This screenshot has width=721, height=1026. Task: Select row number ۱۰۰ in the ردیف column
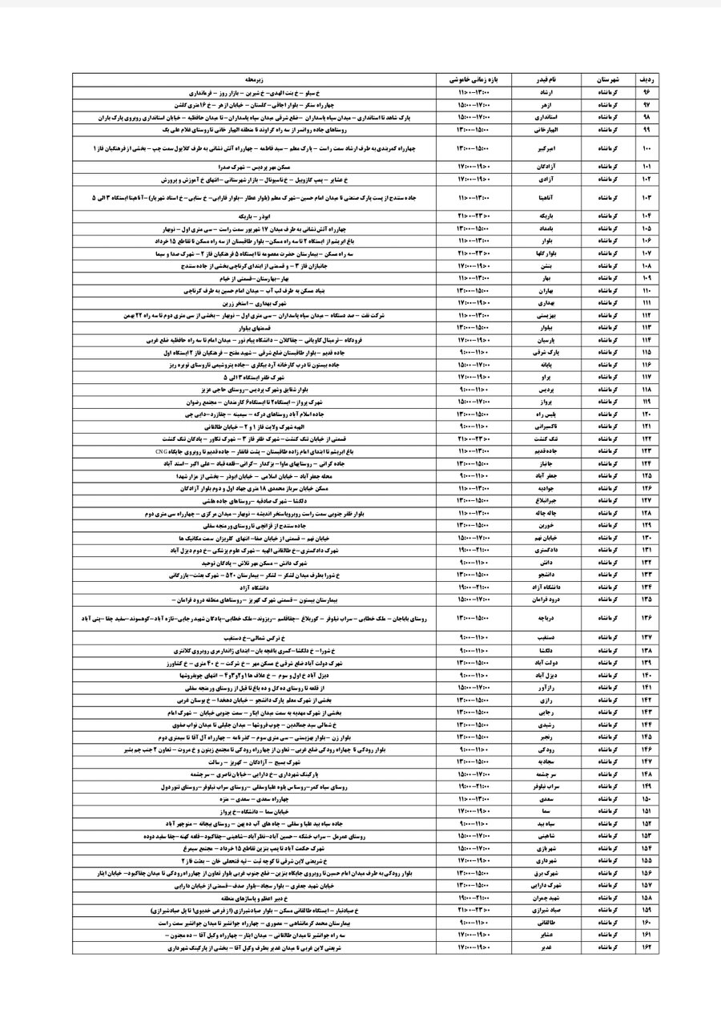pyautogui.click(x=646, y=148)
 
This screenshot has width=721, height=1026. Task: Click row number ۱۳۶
pyautogui.click(x=646, y=617)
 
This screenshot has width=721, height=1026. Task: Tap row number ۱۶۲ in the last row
pyautogui.click(x=646, y=948)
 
